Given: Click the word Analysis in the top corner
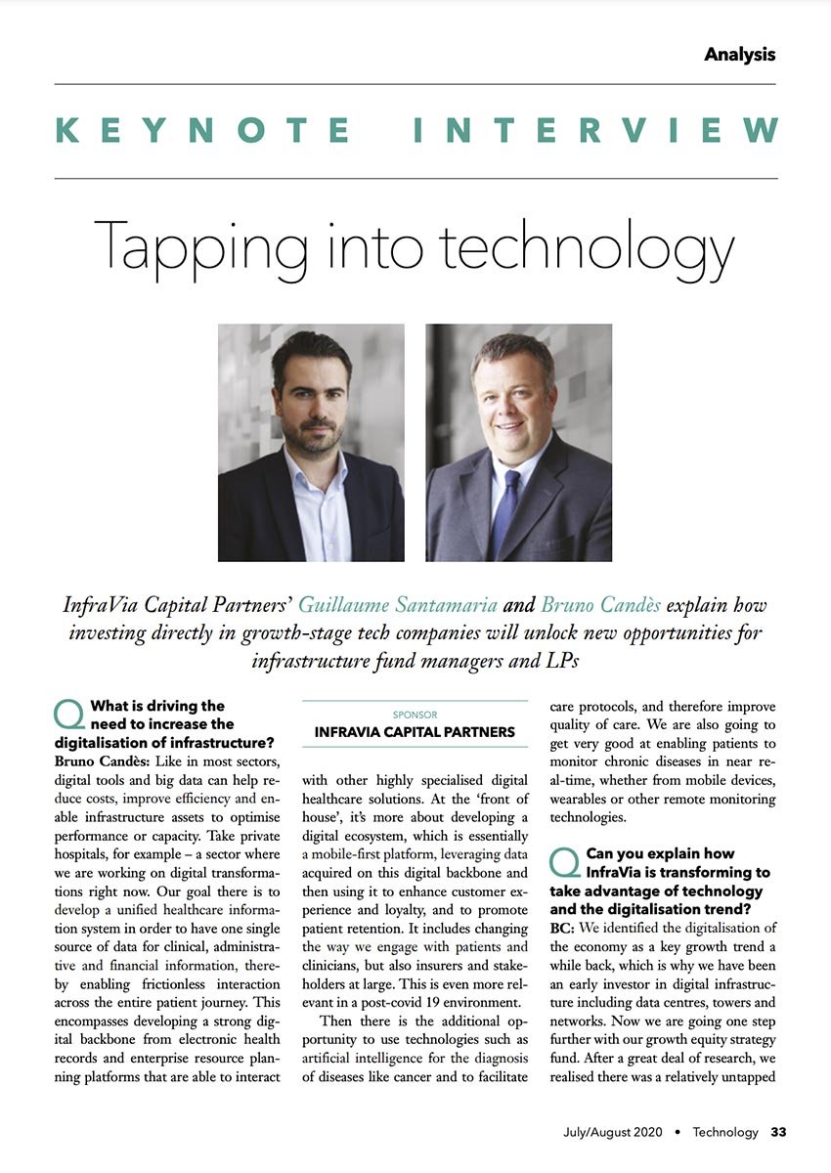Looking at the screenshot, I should pyautogui.click(x=739, y=55).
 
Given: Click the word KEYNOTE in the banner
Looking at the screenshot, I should pyautogui.click(x=203, y=130).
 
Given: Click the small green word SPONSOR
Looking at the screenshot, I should pyautogui.click(x=415, y=715).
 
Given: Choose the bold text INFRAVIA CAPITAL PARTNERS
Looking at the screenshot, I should pyautogui.click(x=415, y=731).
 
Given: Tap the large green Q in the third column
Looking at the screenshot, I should pyautogui.click(x=565, y=862).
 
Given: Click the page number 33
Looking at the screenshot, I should pyautogui.click(x=779, y=1133).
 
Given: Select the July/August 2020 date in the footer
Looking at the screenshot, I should pyautogui.click(x=612, y=1133).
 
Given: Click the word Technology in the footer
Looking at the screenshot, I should pyautogui.click(x=725, y=1133).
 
